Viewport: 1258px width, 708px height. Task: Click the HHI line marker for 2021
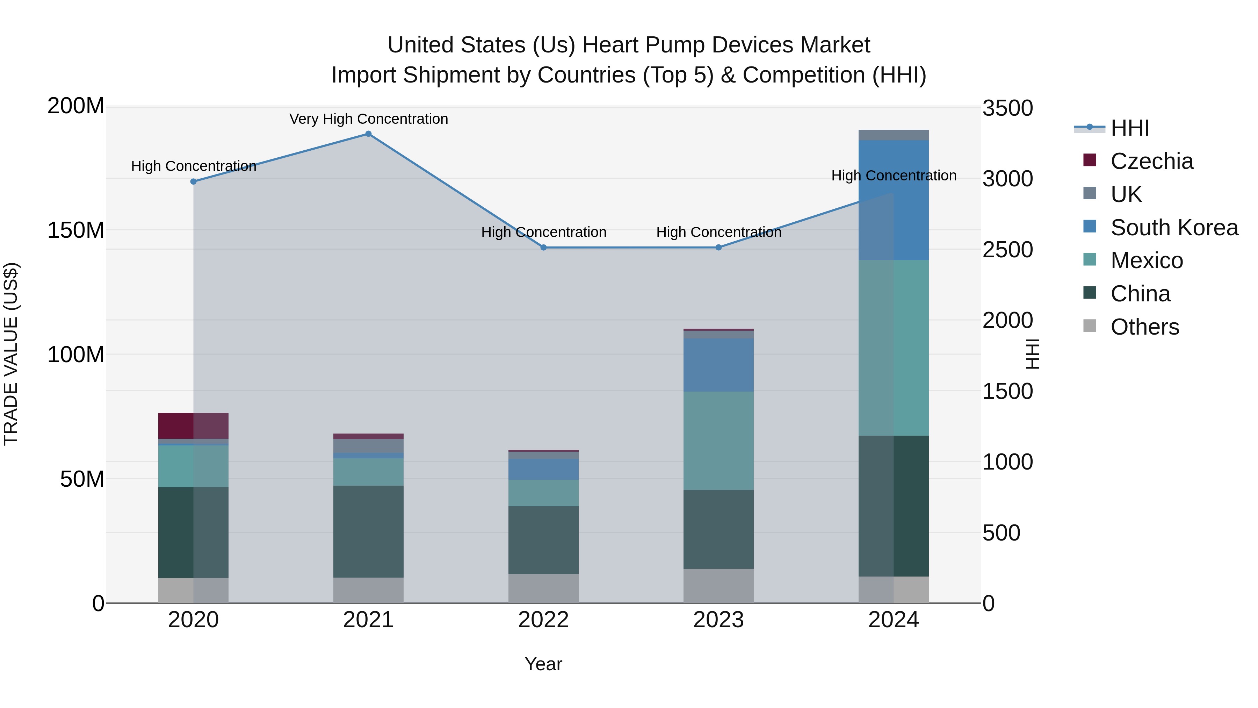[x=368, y=134]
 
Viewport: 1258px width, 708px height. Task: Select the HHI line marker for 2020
[x=193, y=181]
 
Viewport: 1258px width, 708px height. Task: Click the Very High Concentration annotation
[x=368, y=119]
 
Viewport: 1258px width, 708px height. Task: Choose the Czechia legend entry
[x=1151, y=161]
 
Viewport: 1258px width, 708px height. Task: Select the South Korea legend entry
[x=1174, y=228]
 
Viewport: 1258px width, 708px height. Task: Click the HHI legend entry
[x=1129, y=128]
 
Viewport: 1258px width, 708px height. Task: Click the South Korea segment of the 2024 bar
[x=894, y=200]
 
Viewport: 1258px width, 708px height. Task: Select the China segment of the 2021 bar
[x=368, y=531]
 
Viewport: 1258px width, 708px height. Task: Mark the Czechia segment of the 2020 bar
[x=193, y=425]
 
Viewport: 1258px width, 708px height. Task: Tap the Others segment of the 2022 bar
[x=543, y=588]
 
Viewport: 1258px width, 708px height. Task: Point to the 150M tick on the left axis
[x=76, y=230]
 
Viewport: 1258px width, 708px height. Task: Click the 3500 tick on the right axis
[x=1007, y=108]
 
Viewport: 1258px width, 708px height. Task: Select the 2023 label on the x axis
[x=718, y=620]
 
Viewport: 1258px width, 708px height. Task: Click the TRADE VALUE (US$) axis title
[x=11, y=354]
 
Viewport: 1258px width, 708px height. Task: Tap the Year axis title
[x=543, y=664]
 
